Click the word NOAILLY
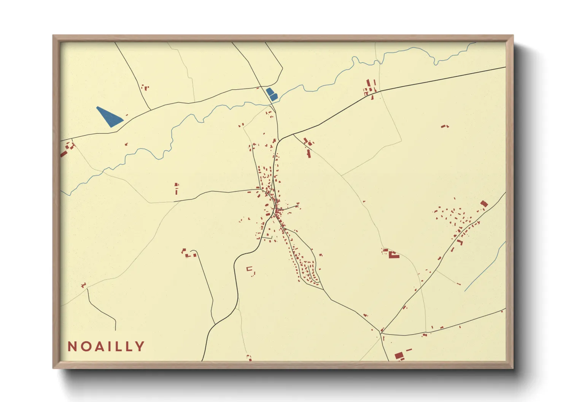pyautogui.click(x=106, y=347)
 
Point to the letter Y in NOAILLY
pyautogui.click(x=140, y=347)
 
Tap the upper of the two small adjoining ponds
pyautogui.click(x=270, y=92)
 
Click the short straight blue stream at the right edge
pyautogui.click(x=485, y=266)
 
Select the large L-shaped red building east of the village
pyautogui.click(x=393, y=255)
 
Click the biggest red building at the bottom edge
pyautogui.click(x=399, y=356)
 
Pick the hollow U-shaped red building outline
pyautogui.click(x=250, y=269)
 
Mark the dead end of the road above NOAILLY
pyautogui.click(x=115, y=330)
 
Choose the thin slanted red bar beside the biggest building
pyautogui.click(x=409, y=350)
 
